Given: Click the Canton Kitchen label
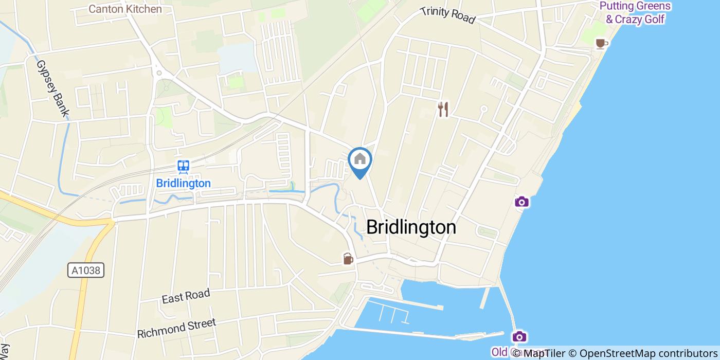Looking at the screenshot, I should (x=125, y=9).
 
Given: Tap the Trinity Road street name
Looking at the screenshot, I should (x=447, y=15).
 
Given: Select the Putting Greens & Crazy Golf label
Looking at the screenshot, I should (x=635, y=13).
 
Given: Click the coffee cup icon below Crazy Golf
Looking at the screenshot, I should (x=600, y=43).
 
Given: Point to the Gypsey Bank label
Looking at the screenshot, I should (x=53, y=88).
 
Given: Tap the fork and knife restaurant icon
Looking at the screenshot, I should (x=443, y=109).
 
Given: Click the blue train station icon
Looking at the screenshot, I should (x=183, y=166).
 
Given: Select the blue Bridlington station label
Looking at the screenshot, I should (x=183, y=183).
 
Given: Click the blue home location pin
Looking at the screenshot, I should (x=360, y=160).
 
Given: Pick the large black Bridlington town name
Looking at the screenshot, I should (x=411, y=227).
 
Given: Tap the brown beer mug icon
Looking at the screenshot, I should (x=348, y=258).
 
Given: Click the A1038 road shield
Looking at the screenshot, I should (x=86, y=270).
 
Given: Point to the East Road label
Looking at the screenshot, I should (x=186, y=296).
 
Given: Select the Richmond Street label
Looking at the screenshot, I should (x=176, y=329).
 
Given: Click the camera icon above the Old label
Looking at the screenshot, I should (x=519, y=337).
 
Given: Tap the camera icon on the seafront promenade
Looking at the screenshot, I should (x=521, y=202).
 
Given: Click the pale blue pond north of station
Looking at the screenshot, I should (x=237, y=58).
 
